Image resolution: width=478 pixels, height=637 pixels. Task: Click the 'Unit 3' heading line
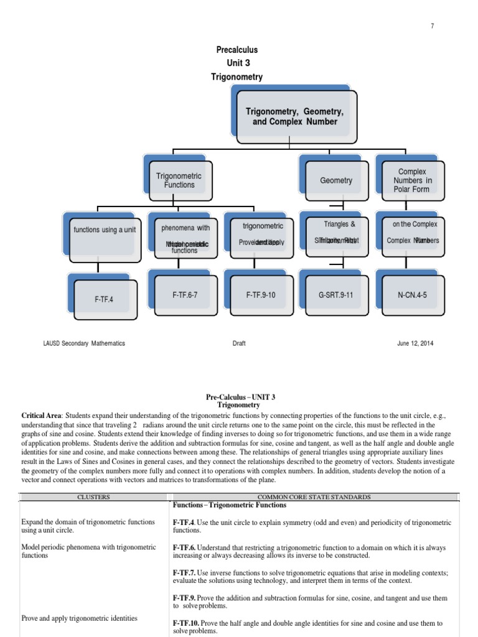tap(237, 63)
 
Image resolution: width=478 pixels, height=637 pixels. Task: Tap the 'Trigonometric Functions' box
tap(179, 181)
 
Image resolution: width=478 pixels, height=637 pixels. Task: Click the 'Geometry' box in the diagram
tap(336, 181)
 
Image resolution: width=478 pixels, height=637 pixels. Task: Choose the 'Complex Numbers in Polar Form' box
tap(414, 181)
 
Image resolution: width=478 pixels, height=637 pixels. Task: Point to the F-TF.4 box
tap(104, 299)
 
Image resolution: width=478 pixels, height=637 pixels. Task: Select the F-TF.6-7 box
tap(185, 295)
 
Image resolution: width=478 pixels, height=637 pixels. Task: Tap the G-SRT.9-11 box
tap(336, 295)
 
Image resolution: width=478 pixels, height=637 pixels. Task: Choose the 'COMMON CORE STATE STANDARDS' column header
tap(314, 497)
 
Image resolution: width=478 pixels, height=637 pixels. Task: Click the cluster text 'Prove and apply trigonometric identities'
tap(80, 618)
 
